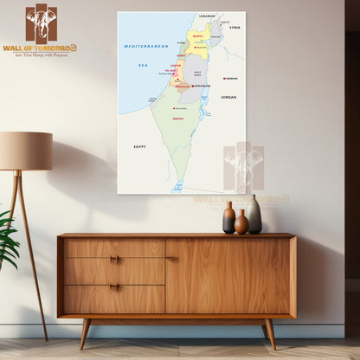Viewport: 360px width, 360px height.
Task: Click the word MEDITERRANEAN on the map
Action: (x=145, y=45)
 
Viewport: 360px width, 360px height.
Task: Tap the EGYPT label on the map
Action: (x=139, y=146)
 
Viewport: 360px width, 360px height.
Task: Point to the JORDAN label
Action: (x=228, y=97)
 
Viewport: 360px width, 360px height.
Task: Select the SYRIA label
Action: (x=235, y=28)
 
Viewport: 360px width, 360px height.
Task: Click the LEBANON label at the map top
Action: (x=207, y=16)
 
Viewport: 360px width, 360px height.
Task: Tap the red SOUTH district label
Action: (x=178, y=118)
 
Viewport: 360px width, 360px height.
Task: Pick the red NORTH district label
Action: (x=198, y=36)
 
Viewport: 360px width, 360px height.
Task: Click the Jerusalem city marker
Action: (x=194, y=86)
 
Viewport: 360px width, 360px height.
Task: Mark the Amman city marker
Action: (x=224, y=78)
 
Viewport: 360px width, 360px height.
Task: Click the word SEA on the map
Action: (x=144, y=65)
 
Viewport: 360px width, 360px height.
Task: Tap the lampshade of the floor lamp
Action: (x=25, y=151)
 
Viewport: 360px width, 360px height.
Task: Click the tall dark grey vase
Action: (x=254, y=215)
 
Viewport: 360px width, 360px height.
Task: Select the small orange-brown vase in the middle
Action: (x=241, y=222)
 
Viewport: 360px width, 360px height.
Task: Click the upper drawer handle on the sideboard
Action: (x=114, y=259)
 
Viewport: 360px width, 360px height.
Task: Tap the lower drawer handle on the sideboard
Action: (x=114, y=286)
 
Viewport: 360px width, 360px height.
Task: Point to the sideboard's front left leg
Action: (x=85, y=333)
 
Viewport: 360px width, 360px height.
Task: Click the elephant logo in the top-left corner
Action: (x=41, y=22)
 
